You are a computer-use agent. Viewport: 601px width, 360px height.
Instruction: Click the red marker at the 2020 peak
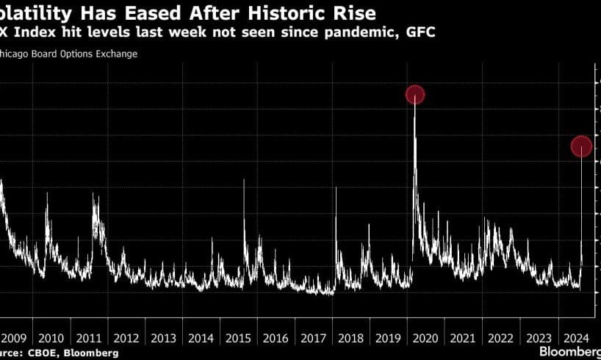point(415,95)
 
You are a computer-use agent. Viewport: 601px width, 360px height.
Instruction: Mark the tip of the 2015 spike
point(243,181)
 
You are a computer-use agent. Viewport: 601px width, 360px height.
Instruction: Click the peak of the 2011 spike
point(94,195)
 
